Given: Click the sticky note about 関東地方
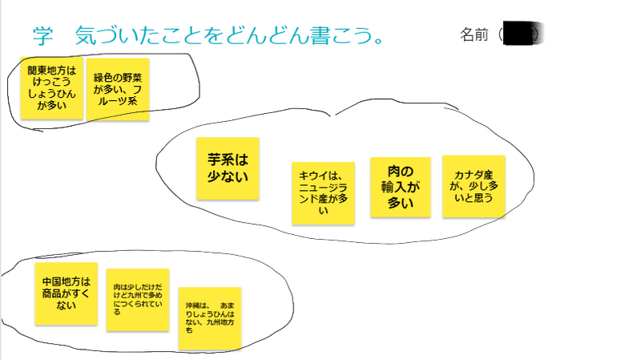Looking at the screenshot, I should coord(52,87).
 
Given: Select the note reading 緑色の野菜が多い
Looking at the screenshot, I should coord(117,89).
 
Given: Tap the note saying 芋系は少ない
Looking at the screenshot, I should coord(228,168).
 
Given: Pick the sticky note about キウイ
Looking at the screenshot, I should coord(324,193).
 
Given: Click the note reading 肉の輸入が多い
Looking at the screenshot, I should coord(400,187).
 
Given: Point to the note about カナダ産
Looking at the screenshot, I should coord(474,186).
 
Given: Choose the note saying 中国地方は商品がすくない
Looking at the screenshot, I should coord(67,293).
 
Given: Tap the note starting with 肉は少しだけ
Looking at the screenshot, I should coord(138,299).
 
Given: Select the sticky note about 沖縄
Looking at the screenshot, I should coord(210,318).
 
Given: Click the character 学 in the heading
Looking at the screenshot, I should coord(44,35).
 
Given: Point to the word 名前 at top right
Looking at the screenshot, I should coord(474,35).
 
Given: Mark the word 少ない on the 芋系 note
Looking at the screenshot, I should coord(228,176).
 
